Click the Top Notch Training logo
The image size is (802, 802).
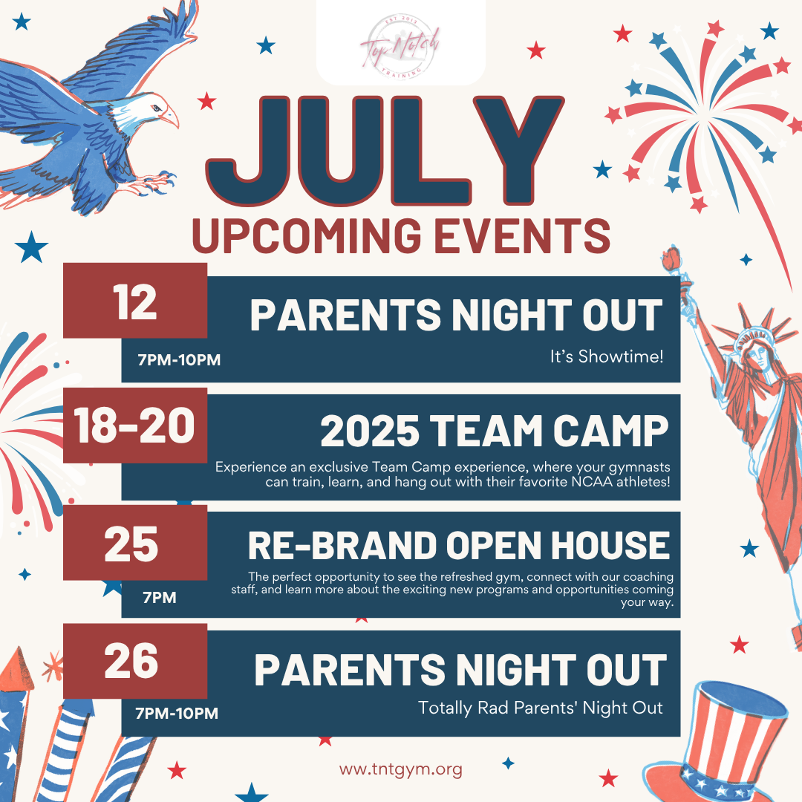(400, 46)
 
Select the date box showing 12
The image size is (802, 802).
(135, 301)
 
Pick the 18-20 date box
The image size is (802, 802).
(135, 426)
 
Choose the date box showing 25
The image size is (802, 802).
(135, 543)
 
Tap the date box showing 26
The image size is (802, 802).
(135, 661)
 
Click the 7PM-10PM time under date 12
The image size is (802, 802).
(179, 360)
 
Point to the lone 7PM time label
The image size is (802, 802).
(160, 597)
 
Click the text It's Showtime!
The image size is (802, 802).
(607, 356)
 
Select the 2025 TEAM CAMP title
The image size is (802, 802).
(495, 431)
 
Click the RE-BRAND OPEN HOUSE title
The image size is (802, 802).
(459, 545)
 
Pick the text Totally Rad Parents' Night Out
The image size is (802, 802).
(541, 708)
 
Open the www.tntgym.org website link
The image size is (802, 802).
(400, 769)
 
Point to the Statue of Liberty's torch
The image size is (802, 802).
(671, 259)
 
